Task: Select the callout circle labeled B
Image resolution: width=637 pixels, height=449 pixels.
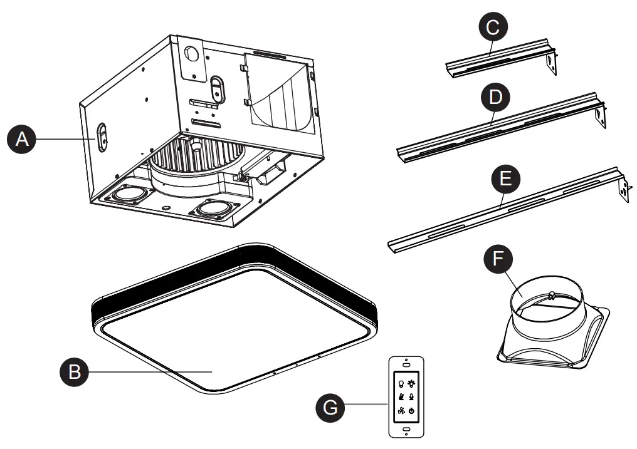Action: [x=73, y=373]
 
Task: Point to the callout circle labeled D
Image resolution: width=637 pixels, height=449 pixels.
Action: [x=492, y=98]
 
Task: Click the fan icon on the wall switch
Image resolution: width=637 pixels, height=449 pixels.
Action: [x=399, y=411]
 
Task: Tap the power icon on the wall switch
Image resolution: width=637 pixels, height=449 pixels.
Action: [x=411, y=411]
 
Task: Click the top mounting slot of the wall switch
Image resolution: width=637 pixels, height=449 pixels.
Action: [x=406, y=364]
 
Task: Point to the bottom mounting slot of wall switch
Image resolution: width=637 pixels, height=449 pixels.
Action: [x=406, y=430]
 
